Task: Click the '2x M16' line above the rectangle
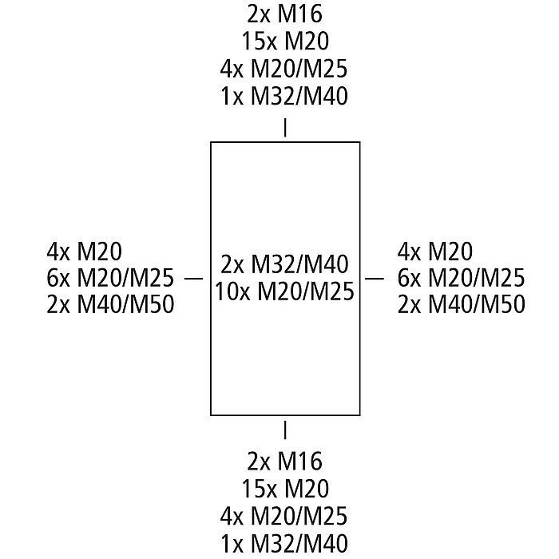click(x=284, y=14)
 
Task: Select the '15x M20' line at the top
click(x=284, y=41)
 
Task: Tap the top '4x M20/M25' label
click(x=284, y=68)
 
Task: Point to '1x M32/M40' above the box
click(x=284, y=96)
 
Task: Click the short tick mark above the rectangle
click(x=285, y=127)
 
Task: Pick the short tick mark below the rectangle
click(x=285, y=430)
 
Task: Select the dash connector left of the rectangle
click(x=193, y=278)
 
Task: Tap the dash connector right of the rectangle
click(x=375, y=278)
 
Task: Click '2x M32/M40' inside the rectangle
click(x=285, y=264)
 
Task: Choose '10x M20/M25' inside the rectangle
click(x=284, y=291)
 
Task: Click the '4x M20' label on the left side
click(x=84, y=252)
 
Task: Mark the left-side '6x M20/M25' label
click(x=110, y=278)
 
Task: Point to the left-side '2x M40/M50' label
click(x=110, y=304)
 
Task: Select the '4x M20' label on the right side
click(x=434, y=252)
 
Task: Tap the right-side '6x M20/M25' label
click(x=462, y=278)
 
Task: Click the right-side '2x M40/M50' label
click(x=462, y=304)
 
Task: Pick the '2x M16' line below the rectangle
click(x=284, y=462)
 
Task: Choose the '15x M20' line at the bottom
click(x=284, y=489)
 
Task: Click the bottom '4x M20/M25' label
click(x=284, y=516)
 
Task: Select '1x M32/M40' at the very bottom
click(x=284, y=544)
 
